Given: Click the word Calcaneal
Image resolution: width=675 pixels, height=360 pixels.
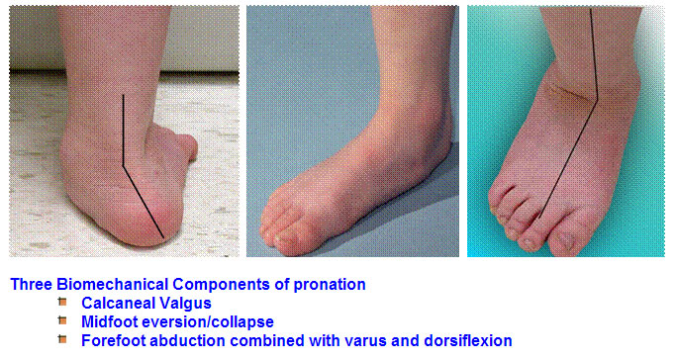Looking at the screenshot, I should [x=116, y=303].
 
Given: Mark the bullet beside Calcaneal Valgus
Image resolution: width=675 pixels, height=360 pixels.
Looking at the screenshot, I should [x=61, y=303].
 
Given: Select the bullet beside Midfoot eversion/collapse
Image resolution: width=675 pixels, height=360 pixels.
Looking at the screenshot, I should [x=61, y=321].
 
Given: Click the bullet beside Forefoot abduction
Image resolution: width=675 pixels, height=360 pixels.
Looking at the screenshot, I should [x=61, y=340].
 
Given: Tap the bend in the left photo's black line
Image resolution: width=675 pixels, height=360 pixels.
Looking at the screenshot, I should [x=123, y=165].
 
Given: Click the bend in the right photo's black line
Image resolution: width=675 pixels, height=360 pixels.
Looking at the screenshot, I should [x=597, y=99].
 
